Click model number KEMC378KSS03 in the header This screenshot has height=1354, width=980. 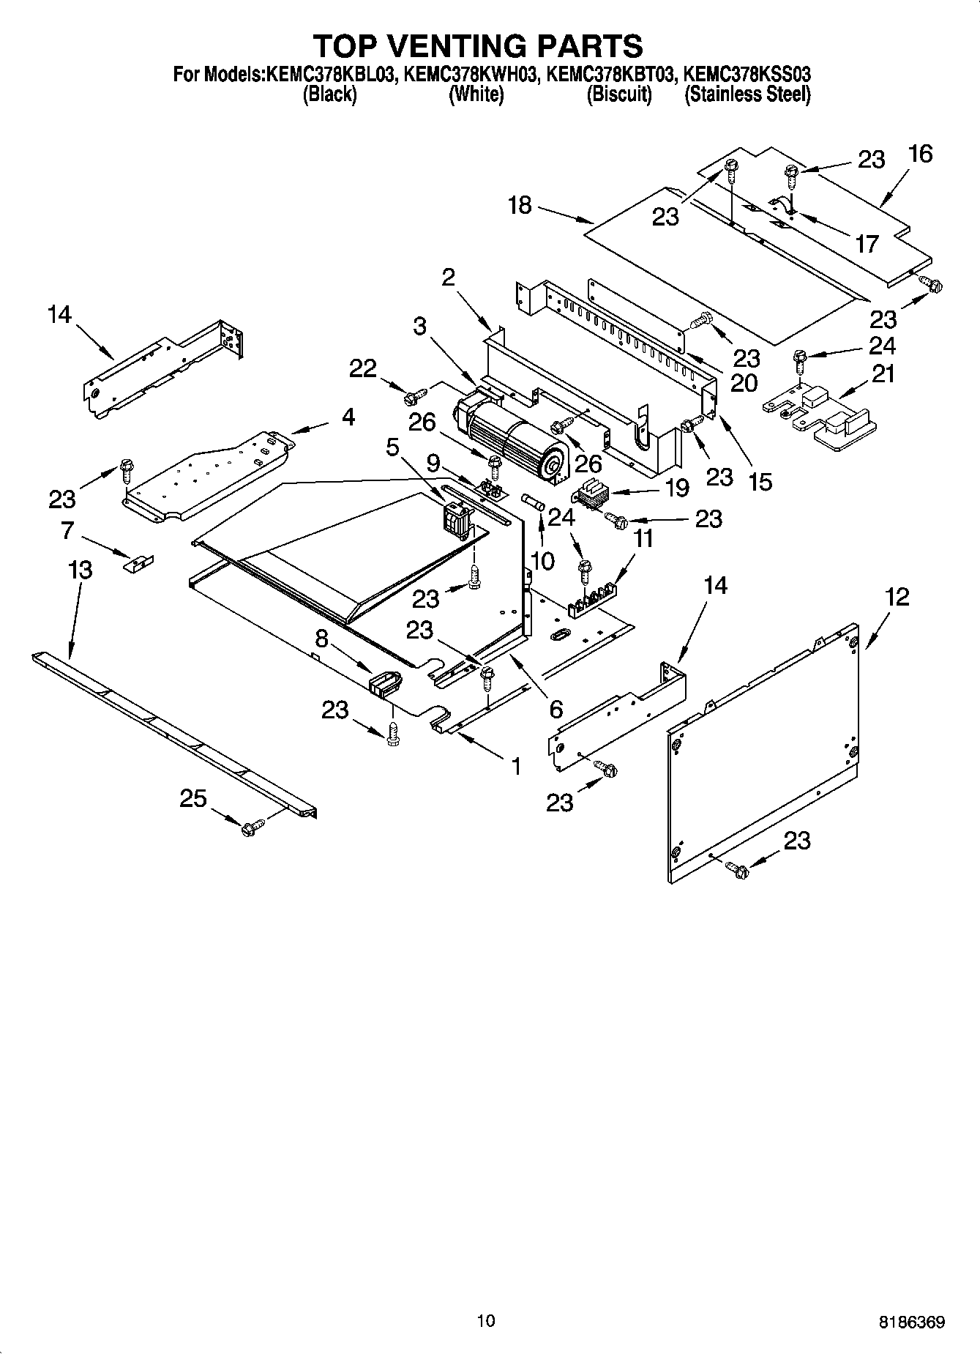[747, 74]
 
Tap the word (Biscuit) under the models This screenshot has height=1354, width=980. [619, 94]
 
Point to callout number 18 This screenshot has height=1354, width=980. [520, 205]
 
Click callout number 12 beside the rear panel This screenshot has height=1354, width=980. [897, 597]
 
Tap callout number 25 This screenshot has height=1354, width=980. [193, 798]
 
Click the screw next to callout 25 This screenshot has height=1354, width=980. [250, 827]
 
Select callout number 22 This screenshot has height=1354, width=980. [362, 368]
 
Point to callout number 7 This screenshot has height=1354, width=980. [68, 529]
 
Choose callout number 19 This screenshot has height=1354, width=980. [678, 487]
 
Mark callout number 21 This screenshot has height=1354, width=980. [883, 374]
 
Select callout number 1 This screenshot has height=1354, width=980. [516, 766]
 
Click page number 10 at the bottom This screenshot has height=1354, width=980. [485, 1320]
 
